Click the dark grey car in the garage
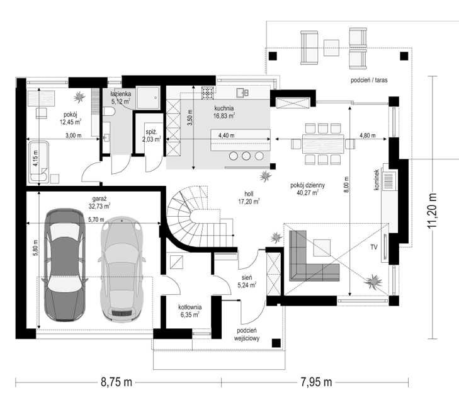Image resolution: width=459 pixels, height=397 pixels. click(65, 265)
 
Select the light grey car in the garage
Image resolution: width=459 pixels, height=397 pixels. click(122, 269)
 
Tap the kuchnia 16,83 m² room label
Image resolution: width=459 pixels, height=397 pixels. click(224, 112)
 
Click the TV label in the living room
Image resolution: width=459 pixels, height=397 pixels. click(374, 247)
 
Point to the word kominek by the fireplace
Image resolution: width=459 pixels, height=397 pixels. click(377, 180)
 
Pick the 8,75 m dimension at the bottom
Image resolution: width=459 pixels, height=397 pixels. click(116, 382)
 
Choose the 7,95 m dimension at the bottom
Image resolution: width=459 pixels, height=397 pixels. click(317, 382)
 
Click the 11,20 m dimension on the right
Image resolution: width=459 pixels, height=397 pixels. click(432, 210)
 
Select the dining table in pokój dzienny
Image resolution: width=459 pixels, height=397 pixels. click(323, 144)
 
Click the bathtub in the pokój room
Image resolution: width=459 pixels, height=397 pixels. click(38, 162)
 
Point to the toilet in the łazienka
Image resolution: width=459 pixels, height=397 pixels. click(108, 112)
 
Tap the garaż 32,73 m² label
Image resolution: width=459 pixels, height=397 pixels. click(99, 202)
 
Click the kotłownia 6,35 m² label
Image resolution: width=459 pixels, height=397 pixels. click(190, 311)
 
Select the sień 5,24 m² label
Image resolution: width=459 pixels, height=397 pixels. click(247, 281)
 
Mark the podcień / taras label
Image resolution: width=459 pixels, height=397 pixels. click(369, 80)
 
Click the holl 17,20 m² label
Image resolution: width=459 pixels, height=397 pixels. click(249, 198)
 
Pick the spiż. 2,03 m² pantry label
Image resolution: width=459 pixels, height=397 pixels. click(152, 135)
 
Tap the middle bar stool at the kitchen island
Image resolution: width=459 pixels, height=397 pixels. click(246, 156)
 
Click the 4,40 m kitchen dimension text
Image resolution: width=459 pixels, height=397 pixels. click(226, 135)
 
